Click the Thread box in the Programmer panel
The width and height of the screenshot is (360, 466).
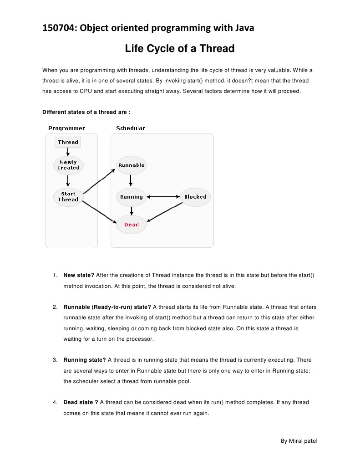tap(68, 142)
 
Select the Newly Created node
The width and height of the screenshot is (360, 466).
tap(68, 165)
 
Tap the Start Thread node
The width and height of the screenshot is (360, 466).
tap(68, 197)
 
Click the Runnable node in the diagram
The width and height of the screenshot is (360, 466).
tap(131, 165)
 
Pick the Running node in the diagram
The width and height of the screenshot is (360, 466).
tap(131, 197)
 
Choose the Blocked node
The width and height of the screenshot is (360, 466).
tap(195, 197)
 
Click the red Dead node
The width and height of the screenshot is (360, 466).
tap(131, 225)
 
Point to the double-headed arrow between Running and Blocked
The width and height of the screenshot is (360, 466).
tap(163, 197)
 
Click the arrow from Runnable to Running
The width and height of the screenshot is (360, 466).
tap(131, 181)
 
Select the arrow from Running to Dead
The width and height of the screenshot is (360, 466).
tap(131, 210)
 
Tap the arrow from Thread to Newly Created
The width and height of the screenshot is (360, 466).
tap(68, 152)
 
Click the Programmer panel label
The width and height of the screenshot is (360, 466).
tap(66, 128)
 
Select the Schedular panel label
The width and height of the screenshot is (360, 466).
tap(131, 128)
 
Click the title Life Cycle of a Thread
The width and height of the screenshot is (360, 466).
tap(180, 48)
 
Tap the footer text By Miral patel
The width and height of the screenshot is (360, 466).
tap(299, 440)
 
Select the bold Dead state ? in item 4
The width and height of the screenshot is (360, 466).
tap(81, 402)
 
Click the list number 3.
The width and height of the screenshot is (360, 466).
tap(54, 360)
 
